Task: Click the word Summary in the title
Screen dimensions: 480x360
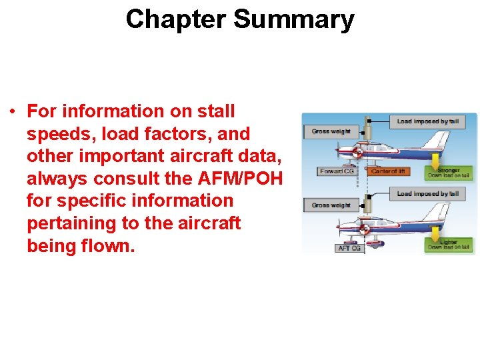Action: coord(293,19)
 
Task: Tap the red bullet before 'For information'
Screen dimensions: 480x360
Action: coord(13,111)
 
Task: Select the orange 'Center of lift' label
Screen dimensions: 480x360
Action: coord(387,171)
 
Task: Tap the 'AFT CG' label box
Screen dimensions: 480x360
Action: coord(350,248)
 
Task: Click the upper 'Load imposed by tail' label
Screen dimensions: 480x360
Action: coord(427,121)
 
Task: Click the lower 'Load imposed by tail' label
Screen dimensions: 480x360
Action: coord(427,194)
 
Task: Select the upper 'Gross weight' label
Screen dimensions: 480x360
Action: coord(330,131)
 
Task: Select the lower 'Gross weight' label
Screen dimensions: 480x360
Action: coord(330,205)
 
